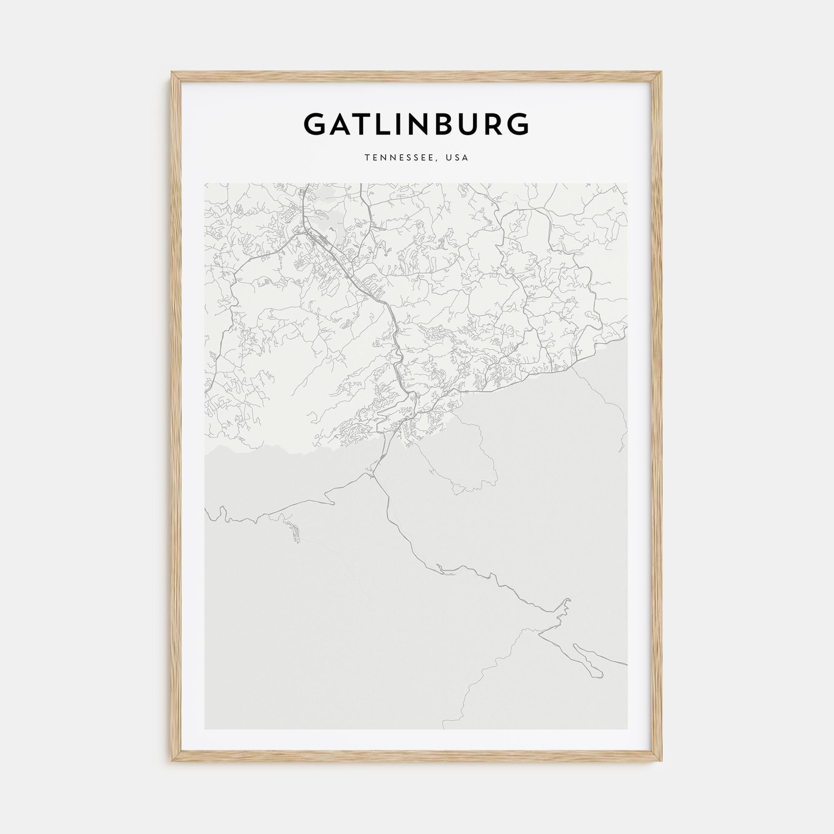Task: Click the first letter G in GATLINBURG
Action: point(317,124)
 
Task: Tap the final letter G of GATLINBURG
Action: point(516,124)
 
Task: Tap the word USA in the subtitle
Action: point(457,158)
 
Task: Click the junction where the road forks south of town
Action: point(372,475)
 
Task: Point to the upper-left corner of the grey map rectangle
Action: point(205,183)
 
